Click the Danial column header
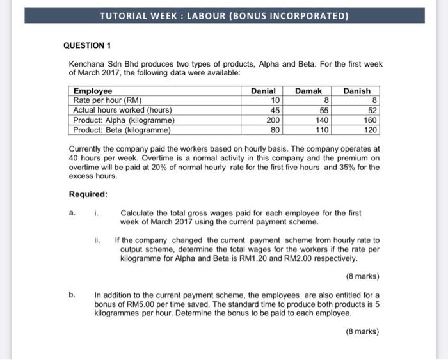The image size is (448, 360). (262, 91)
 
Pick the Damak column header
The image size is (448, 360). (308, 91)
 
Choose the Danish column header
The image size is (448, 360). (356, 91)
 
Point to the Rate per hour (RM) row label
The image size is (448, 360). (107, 100)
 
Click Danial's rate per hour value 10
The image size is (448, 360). (276, 100)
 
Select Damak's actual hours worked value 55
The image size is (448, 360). (324, 110)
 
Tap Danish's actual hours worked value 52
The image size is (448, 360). (372, 110)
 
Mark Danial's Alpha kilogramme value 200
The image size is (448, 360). (273, 120)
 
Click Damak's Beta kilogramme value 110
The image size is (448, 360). (321, 129)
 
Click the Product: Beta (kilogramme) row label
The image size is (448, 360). (122, 129)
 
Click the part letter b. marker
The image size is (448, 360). (72, 295)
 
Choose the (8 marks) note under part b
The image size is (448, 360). (362, 331)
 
